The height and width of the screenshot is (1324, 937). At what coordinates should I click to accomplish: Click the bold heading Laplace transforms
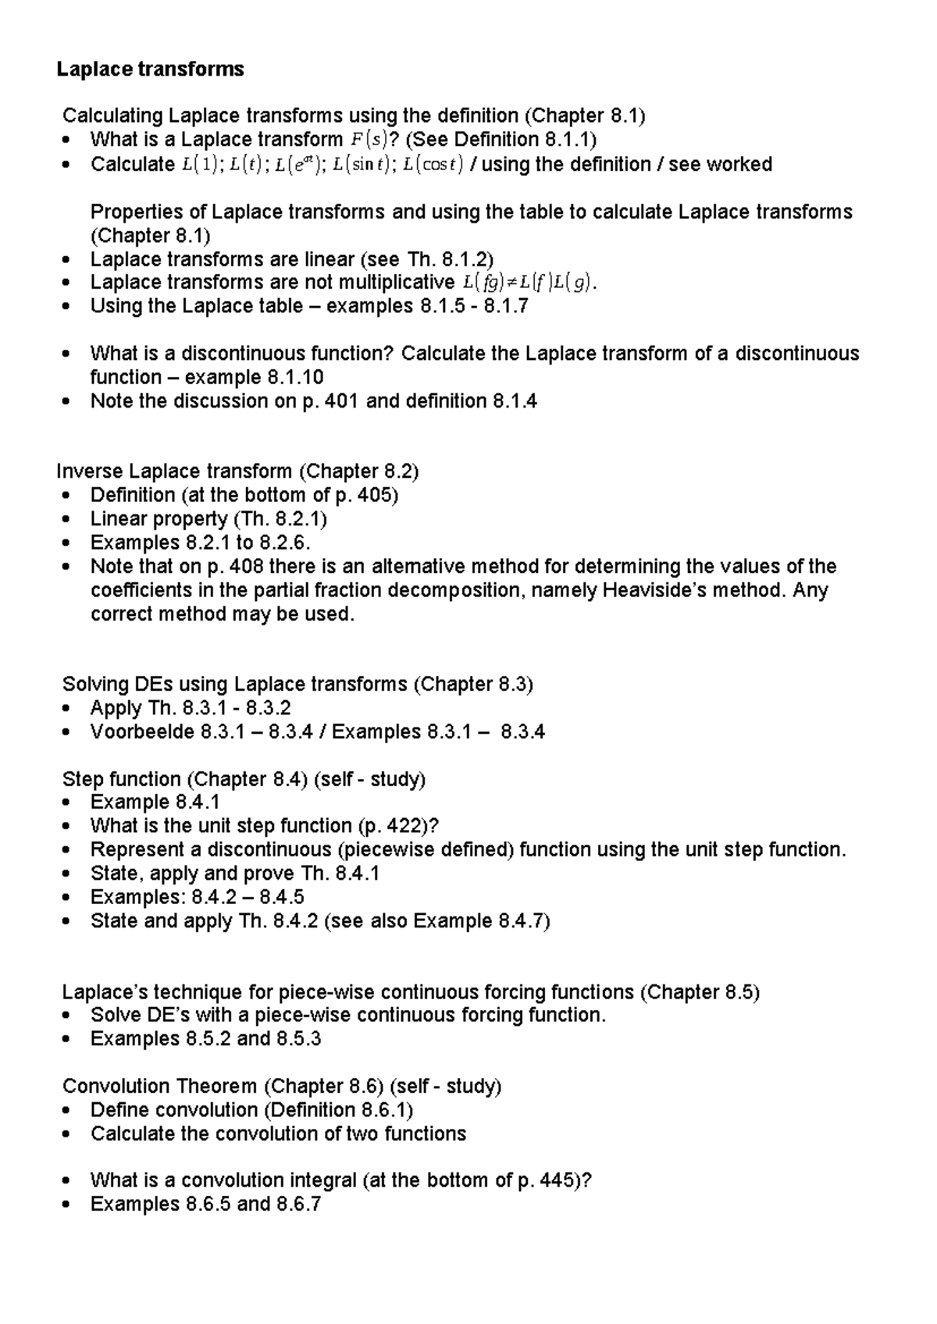pos(150,69)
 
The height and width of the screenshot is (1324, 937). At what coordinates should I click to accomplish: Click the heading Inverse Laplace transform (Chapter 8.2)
pos(237,472)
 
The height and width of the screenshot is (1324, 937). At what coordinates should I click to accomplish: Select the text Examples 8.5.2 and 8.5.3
pos(205,1039)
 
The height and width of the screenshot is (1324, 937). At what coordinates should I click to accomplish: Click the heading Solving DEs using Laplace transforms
pos(234,685)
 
